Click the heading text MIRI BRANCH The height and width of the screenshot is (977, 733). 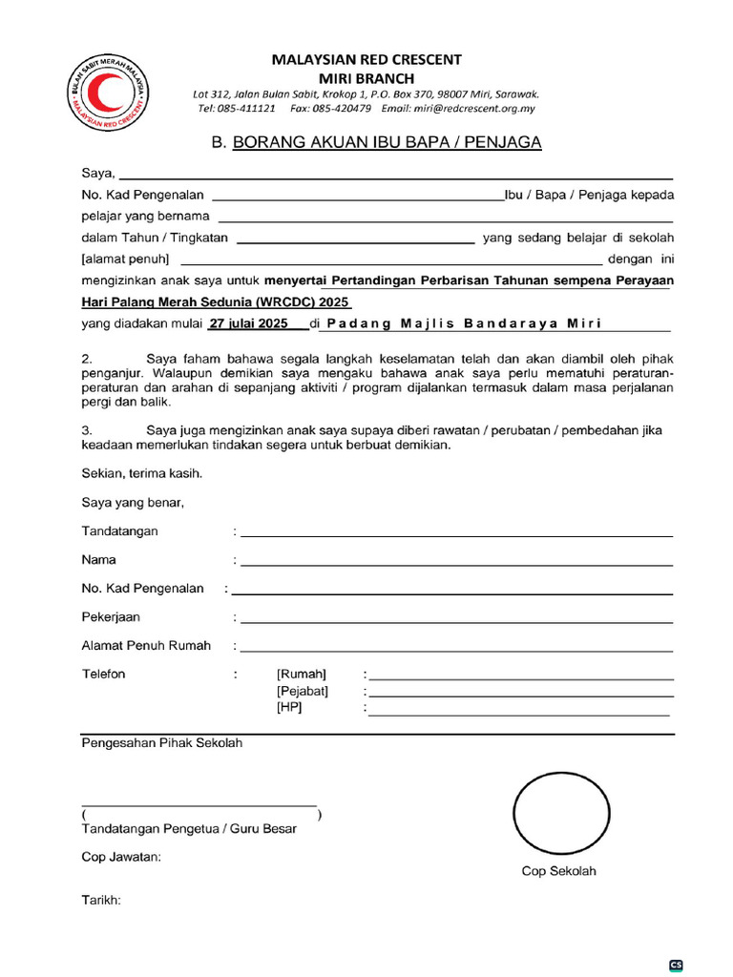(x=366, y=77)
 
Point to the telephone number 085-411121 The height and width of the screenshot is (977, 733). (x=249, y=109)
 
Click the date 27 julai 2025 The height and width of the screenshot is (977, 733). (x=249, y=323)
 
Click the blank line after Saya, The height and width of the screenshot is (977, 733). (x=395, y=176)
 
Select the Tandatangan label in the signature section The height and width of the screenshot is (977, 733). (x=120, y=530)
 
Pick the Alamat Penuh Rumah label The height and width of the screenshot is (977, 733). (x=146, y=646)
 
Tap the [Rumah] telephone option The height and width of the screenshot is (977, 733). (x=301, y=675)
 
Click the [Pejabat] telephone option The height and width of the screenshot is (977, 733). (x=303, y=691)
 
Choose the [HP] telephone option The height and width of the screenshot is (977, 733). (x=289, y=708)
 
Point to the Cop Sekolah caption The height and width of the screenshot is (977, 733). (x=558, y=871)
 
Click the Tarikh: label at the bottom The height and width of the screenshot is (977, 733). (x=101, y=899)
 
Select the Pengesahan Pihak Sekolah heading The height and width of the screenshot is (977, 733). (x=162, y=743)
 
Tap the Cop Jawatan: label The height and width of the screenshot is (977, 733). (x=121, y=857)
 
